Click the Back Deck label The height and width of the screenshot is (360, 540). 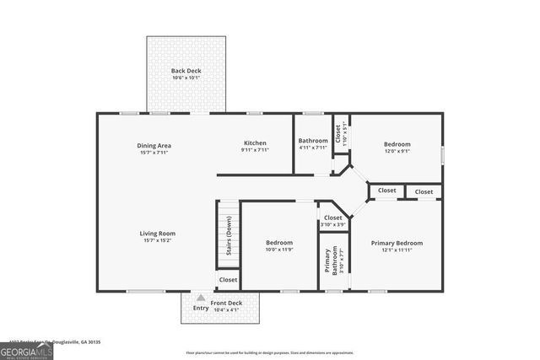[186, 71]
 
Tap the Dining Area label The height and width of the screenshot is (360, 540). [154, 145]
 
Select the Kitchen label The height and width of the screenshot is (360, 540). [255, 143]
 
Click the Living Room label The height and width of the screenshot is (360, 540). [157, 234]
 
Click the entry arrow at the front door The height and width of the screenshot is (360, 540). [200, 298]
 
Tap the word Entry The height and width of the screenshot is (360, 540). [200, 309]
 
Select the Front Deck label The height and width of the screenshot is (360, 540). [226, 303]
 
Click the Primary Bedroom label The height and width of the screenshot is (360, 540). [397, 243]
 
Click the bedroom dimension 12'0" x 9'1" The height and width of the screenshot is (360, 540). [397, 152]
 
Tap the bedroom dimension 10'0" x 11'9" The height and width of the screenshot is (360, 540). [279, 250]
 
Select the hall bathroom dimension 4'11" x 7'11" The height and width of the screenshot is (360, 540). [312, 148]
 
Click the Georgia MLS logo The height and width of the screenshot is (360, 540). [26, 351]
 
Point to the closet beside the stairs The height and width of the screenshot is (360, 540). [228, 279]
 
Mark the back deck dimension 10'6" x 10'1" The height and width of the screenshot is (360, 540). [186, 78]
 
